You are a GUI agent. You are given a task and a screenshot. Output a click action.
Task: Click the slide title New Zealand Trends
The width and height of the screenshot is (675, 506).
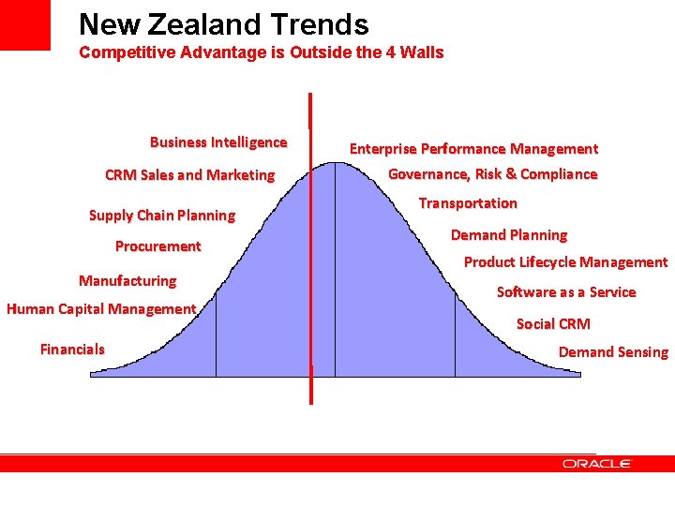223,24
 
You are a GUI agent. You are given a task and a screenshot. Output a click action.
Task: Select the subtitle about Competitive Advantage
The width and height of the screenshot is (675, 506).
261,52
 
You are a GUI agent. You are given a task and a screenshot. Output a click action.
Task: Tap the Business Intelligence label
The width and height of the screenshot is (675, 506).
218,142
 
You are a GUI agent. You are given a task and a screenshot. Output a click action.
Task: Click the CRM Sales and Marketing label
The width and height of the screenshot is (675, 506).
190,175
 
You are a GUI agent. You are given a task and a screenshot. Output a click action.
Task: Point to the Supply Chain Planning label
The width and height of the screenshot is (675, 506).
162,216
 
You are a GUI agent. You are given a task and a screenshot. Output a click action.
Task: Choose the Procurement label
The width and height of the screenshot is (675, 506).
157,246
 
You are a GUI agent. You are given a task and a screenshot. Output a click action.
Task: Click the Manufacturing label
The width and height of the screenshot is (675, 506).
127,281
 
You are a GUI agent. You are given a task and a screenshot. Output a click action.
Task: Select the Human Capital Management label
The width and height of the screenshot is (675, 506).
101,309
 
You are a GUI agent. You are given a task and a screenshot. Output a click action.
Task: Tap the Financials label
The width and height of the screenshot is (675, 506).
72,350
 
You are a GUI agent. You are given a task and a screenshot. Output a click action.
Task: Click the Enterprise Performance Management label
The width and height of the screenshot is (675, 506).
473,149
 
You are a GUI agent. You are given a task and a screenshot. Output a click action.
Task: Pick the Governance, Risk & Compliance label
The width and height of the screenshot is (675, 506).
492,174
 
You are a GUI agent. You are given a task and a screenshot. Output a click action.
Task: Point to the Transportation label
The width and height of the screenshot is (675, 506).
468,203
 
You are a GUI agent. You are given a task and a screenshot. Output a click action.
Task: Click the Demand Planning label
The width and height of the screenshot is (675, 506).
509,235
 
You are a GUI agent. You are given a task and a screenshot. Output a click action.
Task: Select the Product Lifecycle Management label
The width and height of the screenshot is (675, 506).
565,262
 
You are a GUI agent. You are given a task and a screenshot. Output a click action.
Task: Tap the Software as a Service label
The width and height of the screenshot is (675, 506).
566,292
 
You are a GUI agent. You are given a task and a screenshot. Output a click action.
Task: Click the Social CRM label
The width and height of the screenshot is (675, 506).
553,324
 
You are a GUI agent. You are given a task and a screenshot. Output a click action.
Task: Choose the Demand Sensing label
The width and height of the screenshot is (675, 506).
613,352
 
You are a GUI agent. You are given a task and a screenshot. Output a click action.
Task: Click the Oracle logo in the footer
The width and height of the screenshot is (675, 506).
597,464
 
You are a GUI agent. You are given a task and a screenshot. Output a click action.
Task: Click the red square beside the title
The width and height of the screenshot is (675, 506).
25,24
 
